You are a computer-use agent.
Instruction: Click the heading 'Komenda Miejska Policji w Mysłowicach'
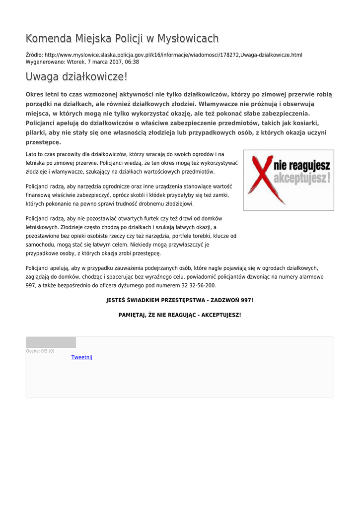[122, 39]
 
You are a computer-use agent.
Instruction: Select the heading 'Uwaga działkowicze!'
[76, 77]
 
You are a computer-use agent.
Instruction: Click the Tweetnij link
[82, 357]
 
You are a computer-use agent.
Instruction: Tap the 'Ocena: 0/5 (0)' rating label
[40, 351]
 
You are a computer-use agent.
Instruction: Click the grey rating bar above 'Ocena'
[51, 342]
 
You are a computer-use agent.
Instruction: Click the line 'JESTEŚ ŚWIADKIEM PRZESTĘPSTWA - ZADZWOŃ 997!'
[180, 301]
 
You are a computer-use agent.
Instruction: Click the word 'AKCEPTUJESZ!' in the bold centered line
[221, 315]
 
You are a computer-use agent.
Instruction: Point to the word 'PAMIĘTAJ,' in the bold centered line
[132, 315]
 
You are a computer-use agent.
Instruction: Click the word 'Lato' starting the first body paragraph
[31, 155]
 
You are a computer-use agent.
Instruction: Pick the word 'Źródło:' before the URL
[34, 55]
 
